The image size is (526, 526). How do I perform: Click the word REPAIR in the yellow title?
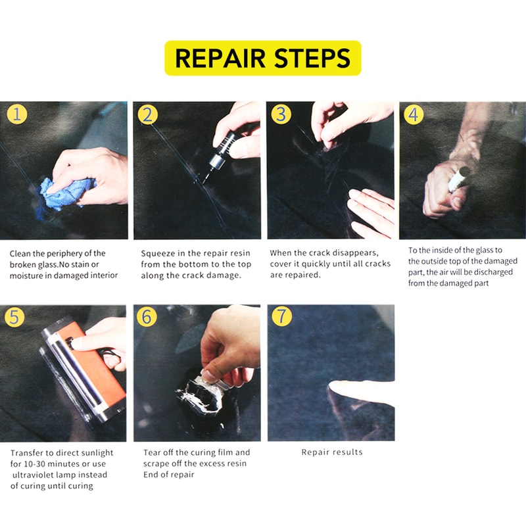coord(218,58)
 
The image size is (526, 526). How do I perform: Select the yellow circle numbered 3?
coord(281,114)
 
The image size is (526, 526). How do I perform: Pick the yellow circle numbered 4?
coord(414,115)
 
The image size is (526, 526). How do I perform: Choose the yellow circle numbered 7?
coord(281,316)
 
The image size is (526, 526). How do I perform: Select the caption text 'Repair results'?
coord(331,452)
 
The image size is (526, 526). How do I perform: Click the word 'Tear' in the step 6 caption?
coord(152,452)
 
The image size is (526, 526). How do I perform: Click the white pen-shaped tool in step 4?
coord(460,178)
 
